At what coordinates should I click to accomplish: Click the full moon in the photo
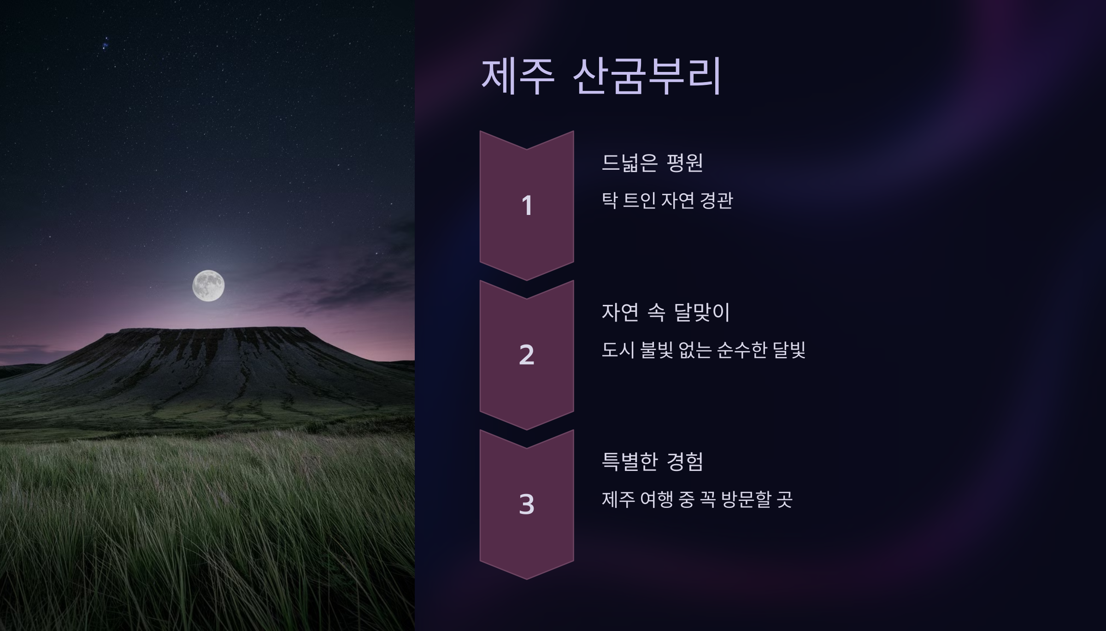click(x=208, y=286)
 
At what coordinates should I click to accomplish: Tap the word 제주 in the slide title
click(x=518, y=77)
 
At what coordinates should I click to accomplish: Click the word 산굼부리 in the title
click(x=647, y=77)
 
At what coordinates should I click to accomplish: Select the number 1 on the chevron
click(x=527, y=206)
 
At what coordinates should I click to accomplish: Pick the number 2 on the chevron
click(x=527, y=355)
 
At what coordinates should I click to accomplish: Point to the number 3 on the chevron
click(x=527, y=504)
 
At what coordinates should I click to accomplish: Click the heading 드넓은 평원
click(x=652, y=163)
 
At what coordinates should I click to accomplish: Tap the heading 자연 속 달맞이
click(x=665, y=312)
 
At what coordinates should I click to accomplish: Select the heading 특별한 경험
click(x=652, y=462)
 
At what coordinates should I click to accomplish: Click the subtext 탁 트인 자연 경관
click(x=667, y=201)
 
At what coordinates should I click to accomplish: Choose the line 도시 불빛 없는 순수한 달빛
click(x=703, y=350)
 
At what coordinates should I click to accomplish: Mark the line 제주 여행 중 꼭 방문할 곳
click(x=697, y=500)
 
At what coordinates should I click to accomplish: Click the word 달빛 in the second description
click(x=789, y=350)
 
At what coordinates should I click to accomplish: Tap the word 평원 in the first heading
click(x=685, y=163)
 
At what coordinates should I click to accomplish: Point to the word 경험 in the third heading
click(x=685, y=462)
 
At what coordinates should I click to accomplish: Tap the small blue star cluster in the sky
click(x=106, y=45)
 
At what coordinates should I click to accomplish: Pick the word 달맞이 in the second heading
click(x=702, y=312)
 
